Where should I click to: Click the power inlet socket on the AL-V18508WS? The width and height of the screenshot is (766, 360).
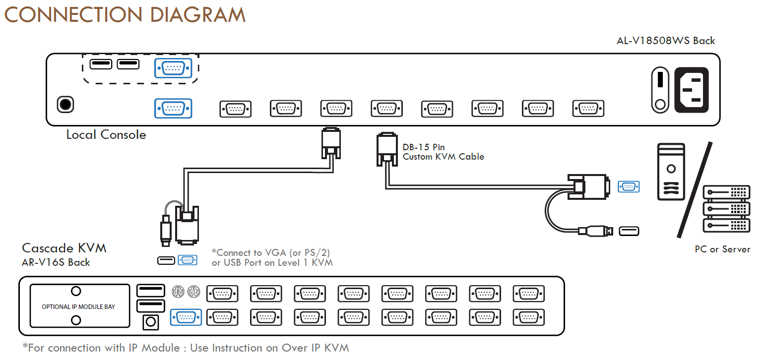[691, 90]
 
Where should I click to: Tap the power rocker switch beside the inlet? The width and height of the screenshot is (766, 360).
[660, 90]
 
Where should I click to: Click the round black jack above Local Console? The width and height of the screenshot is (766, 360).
[65, 104]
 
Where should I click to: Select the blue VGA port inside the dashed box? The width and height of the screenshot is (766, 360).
[173, 68]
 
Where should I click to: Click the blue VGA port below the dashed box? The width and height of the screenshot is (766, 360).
[173, 109]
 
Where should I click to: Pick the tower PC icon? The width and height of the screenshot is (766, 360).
[671, 172]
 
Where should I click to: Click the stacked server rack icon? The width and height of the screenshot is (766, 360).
[726, 209]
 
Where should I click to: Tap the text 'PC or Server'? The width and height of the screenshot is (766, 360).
[722, 249]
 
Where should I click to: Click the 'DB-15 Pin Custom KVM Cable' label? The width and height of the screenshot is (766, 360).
[443, 152]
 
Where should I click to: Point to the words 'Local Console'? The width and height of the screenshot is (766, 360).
[106, 135]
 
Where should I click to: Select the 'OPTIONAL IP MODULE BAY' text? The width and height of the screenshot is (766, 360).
[78, 306]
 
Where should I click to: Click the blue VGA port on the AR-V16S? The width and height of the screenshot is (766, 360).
[186, 317]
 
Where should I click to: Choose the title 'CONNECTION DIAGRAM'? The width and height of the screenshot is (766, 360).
[125, 15]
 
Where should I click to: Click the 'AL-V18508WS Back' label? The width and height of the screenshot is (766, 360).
[665, 41]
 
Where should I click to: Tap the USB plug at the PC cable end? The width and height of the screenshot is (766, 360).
[595, 231]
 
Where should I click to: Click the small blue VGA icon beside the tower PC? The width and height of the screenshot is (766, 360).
[629, 186]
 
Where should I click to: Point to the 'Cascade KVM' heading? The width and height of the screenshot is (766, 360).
[64, 248]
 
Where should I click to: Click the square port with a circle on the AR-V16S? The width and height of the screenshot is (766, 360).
[150, 322]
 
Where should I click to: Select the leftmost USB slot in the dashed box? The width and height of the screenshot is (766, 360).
[101, 64]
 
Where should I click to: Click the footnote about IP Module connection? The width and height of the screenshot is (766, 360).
[186, 348]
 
